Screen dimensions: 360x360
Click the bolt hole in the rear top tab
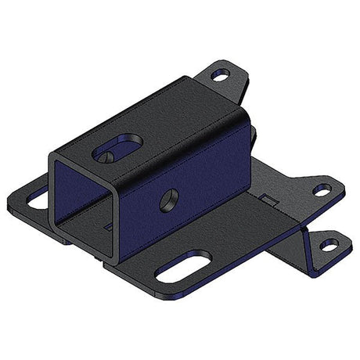tap(221, 76)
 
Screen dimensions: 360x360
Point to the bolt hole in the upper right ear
tap(322, 189)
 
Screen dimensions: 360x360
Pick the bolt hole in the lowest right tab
tap(329, 246)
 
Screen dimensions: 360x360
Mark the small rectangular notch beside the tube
tap(266, 201)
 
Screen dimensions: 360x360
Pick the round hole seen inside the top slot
tap(108, 155)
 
